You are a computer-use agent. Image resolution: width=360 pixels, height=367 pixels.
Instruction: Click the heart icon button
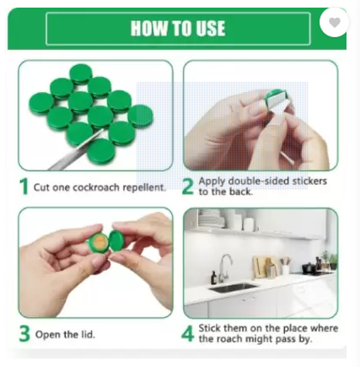334,22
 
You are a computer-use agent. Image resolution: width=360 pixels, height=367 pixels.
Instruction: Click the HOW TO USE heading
178,28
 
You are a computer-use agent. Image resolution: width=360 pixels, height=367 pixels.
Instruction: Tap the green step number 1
24,186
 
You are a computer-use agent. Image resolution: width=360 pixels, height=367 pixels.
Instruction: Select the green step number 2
188,186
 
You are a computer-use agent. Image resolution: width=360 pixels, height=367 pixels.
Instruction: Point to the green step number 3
24,333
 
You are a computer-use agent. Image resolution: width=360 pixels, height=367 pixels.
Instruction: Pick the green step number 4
188,333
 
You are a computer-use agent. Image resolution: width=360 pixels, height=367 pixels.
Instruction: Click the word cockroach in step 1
96,187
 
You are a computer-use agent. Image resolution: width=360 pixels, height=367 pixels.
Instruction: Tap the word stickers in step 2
309,181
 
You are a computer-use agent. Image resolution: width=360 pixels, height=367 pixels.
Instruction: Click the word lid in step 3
88,334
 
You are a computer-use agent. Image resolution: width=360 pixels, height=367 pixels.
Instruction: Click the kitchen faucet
225,268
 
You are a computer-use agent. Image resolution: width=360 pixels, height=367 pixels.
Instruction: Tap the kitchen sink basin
233,288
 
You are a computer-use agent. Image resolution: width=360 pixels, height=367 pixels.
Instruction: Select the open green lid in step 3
116,240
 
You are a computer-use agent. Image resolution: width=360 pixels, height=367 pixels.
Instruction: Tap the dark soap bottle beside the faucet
214,278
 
